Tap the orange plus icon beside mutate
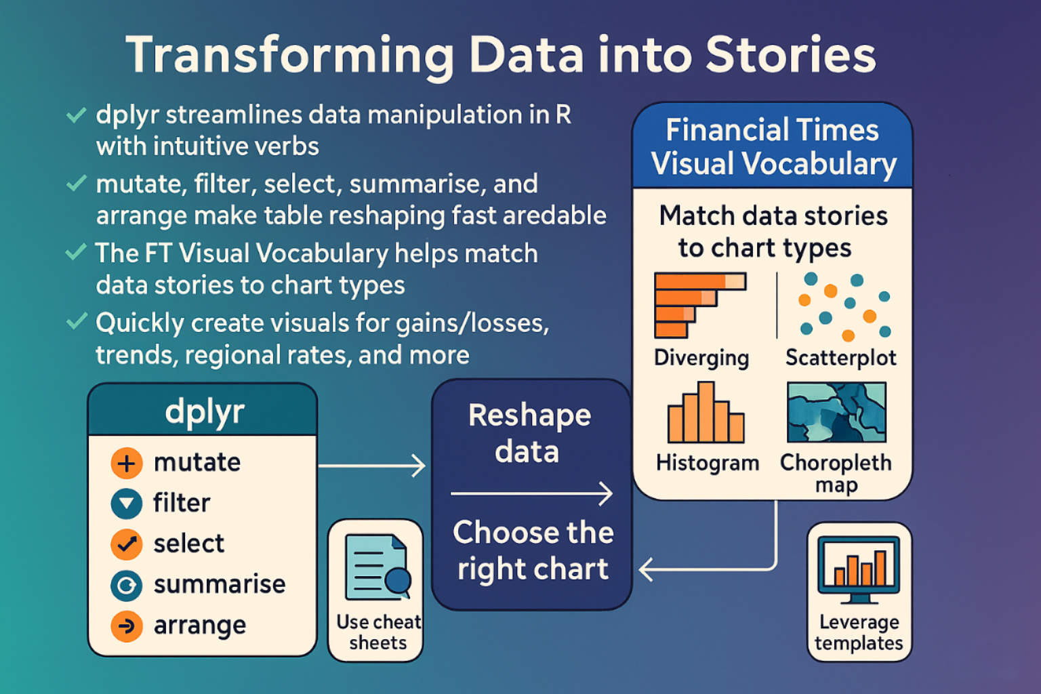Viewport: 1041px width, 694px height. click(126, 464)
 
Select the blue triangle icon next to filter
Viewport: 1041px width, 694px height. click(126, 504)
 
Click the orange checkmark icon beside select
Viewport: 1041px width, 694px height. click(126, 544)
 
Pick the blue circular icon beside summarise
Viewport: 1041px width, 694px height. click(126, 586)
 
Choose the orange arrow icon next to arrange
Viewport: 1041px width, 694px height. click(126, 626)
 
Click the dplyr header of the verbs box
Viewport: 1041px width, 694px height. click(203, 411)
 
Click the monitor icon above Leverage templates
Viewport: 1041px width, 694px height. click(859, 568)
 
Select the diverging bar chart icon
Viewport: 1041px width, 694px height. click(699, 305)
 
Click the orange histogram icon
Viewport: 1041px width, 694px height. click(706, 413)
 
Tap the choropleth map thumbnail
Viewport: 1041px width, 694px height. click(836, 412)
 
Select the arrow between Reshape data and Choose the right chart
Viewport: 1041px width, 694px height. click(531, 493)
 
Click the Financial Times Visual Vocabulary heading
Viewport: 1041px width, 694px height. click(773, 146)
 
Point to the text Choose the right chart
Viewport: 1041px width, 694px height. click(533, 550)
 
